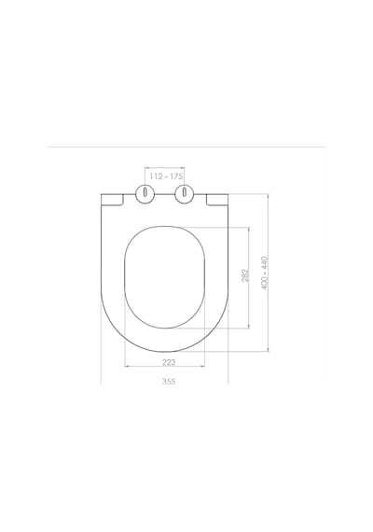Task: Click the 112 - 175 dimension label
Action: (166, 176)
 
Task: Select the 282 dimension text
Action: (245, 275)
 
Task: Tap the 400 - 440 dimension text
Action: (265, 273)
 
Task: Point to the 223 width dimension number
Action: (169, 362)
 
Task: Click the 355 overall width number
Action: (169, 382)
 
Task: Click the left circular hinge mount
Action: (145, 194)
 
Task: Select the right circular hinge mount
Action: (184, 194)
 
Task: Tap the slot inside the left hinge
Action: (145, 192)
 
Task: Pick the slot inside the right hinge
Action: (184, 192)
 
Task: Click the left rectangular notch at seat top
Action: (112, 200)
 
